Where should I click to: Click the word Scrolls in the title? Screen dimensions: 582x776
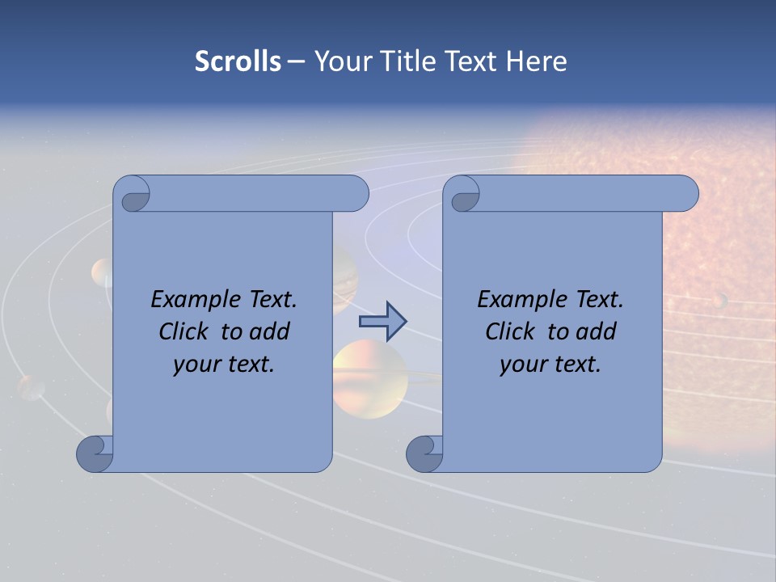click(238, 61)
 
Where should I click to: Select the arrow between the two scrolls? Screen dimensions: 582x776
click(382, 322)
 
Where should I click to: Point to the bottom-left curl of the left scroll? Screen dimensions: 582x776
click(95, 454)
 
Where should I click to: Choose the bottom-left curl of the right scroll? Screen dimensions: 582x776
click(424, 454)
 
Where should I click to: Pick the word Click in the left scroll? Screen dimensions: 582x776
click(186, 331)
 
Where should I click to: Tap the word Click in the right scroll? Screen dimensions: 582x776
click(510, 331)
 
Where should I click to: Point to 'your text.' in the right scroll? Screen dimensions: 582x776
click(550, 364)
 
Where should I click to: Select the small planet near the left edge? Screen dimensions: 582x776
click(32, 386)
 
